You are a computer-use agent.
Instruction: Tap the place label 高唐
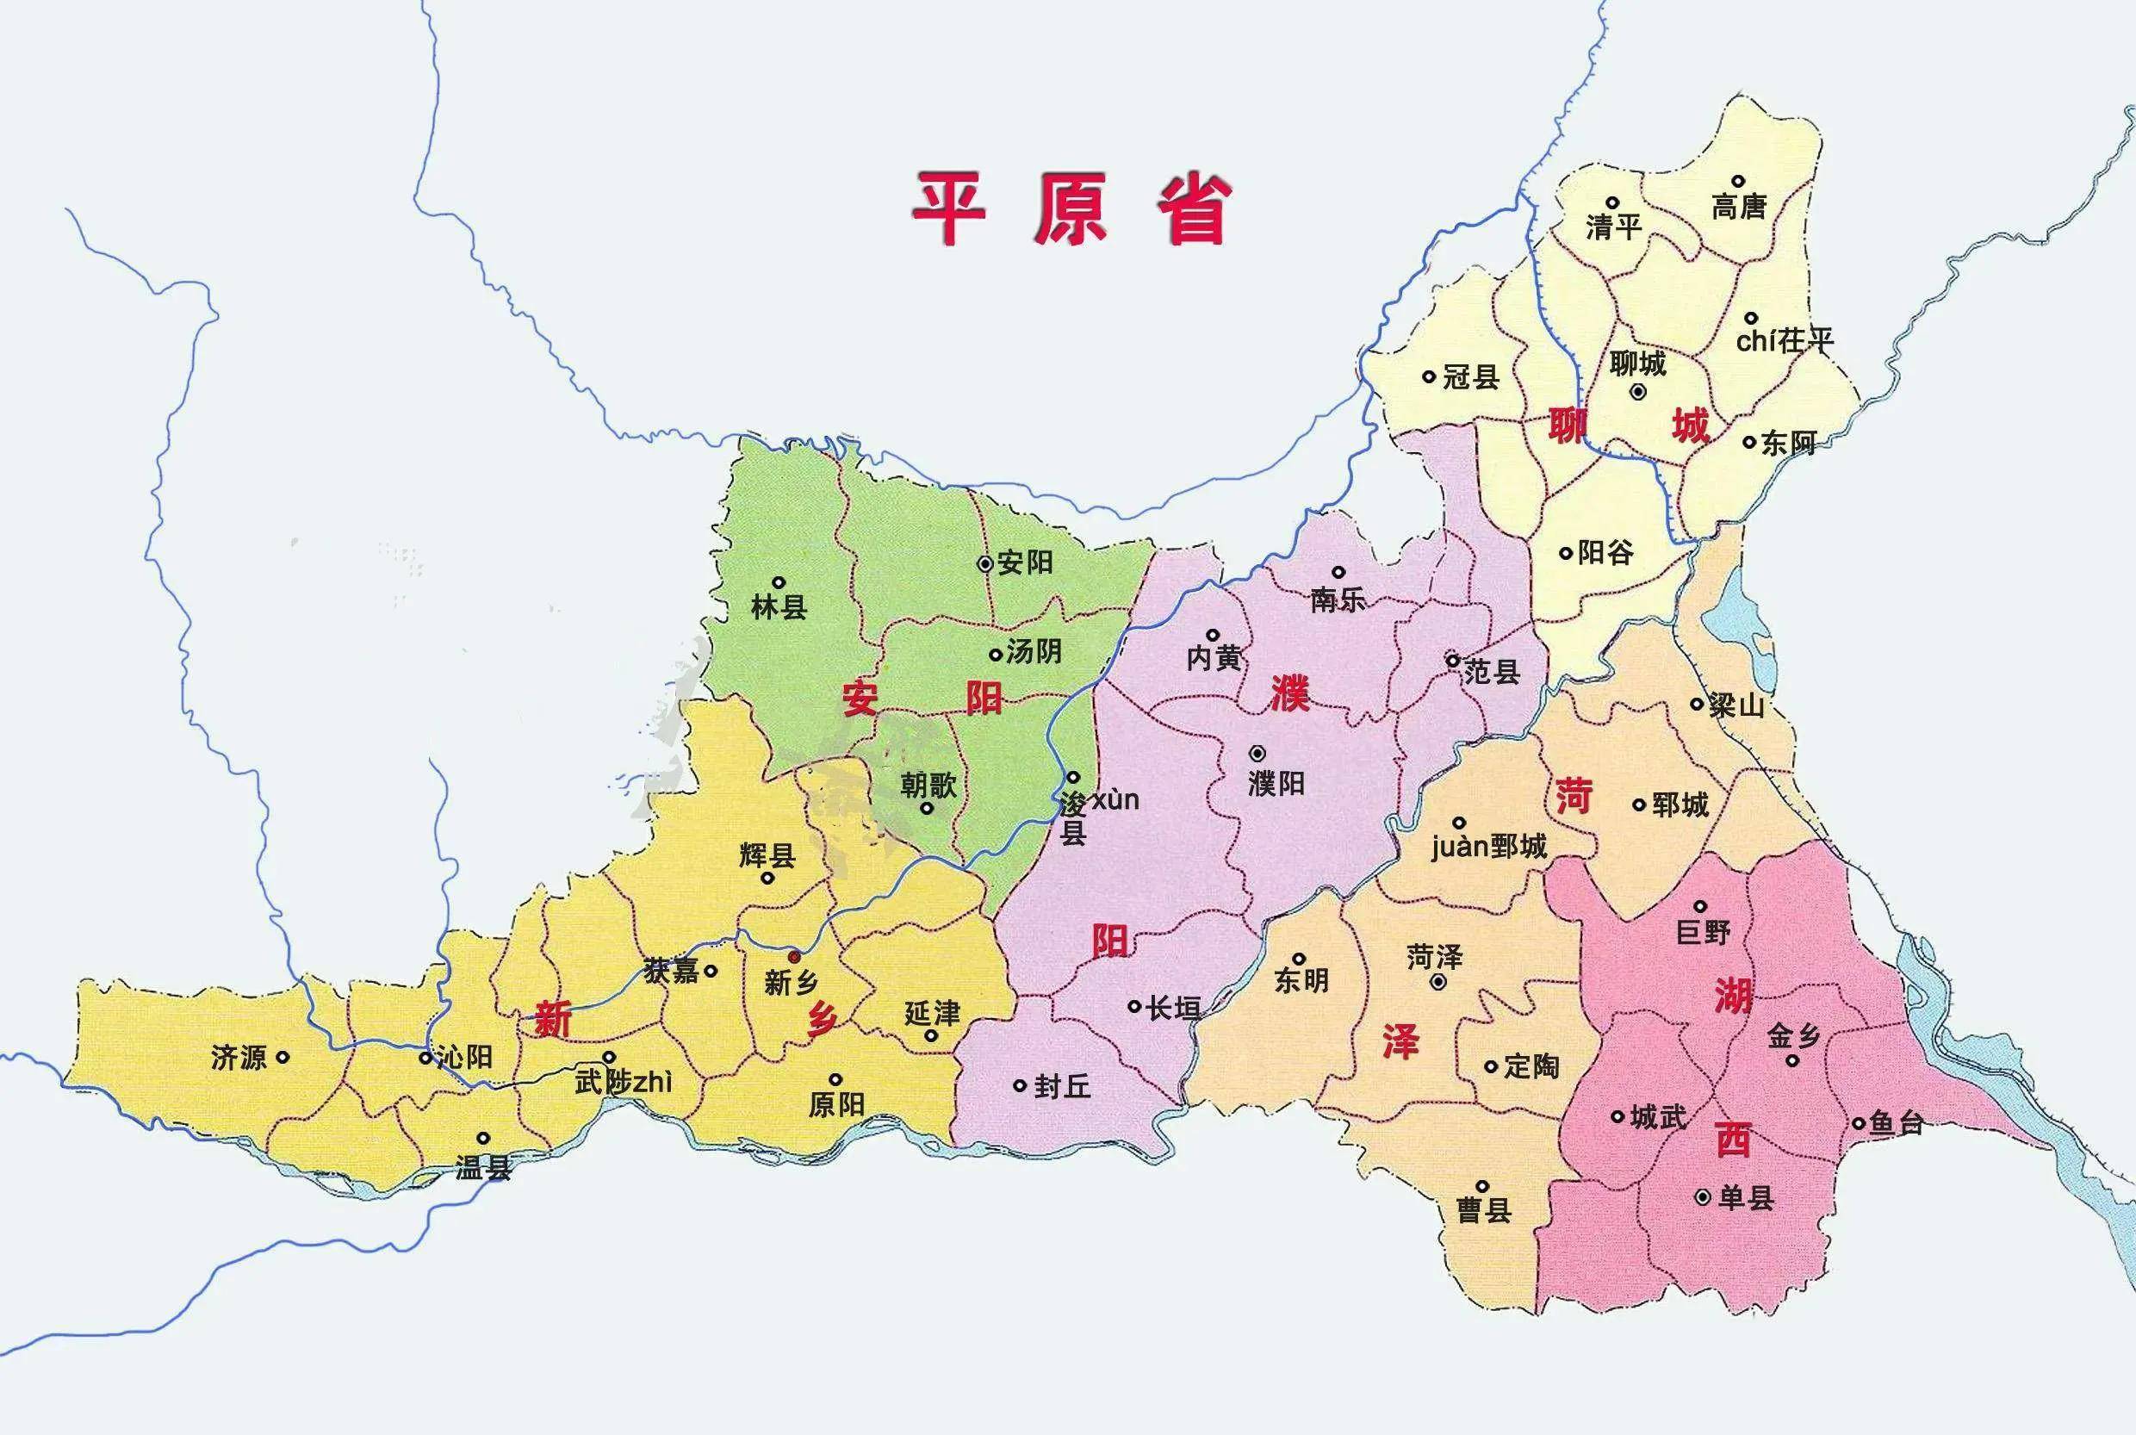coord(1739,207)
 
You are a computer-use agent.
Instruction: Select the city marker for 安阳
coord(984,563)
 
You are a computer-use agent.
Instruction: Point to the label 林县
coord(779,606)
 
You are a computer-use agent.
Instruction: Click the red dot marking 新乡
coord(794,956)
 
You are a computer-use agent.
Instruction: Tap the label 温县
coord(483,1168)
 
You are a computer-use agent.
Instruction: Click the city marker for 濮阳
coord(1258,753)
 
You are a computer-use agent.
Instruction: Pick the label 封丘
coord(1062,1086)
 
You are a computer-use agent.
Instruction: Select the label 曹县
coord(1483,1211)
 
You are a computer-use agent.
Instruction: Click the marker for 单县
coord(1702,1197)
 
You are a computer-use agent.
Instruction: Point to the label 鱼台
coord(1896,1123)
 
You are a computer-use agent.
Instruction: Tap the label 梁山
coord(1735,705)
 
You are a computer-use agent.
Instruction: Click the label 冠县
coord(1471,376)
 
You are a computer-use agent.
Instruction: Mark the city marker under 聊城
coord(1638,392)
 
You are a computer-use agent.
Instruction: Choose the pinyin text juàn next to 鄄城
coord(1460,847)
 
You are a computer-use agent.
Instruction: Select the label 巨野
coord(1703,932)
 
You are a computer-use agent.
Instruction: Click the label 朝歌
coord(928,785)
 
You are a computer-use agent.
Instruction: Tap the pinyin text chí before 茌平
coord(1756,341)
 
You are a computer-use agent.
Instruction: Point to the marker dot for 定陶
coord(1491,1066)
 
